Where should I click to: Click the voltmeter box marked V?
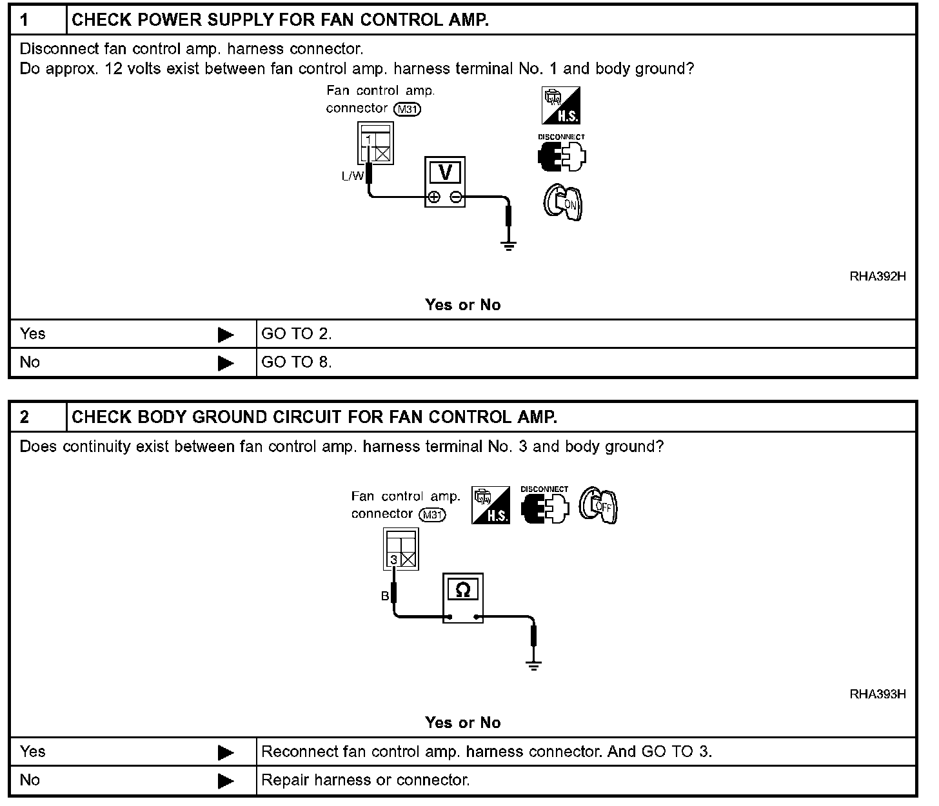click(444, 181)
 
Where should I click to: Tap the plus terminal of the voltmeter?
click(434, 197)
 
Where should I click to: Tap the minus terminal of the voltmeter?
click(455, 197)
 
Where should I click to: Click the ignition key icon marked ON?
click(563, 203)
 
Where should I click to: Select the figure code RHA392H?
click(878, 277)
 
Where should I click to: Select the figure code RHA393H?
click(878, 694)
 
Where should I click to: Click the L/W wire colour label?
click(353, 175)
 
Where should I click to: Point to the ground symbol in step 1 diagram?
click(509, 246)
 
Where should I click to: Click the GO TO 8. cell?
click(296, 362)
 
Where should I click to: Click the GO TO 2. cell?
click(296, 334)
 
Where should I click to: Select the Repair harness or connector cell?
click(365, 780)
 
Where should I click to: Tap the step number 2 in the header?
click(25, 417)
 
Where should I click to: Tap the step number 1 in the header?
click(25, 20)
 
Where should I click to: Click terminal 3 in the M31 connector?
click(393, 560)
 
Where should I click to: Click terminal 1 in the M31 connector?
click(368, 140)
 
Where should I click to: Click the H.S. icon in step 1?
click(560, 106)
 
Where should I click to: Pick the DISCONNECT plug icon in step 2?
click(545, 506)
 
